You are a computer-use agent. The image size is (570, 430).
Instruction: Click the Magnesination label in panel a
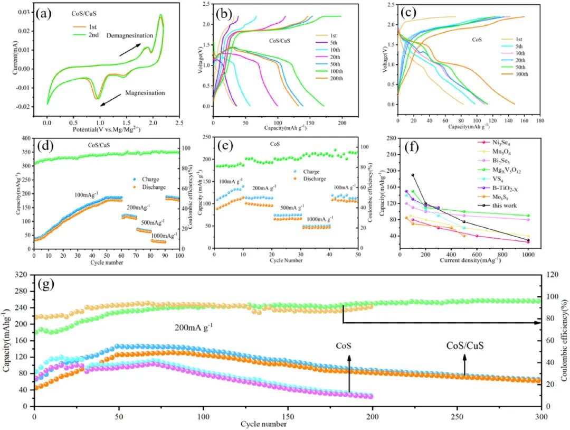145,93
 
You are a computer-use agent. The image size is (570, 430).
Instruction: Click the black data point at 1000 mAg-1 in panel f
527,240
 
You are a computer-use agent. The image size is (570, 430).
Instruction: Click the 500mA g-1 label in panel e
288,207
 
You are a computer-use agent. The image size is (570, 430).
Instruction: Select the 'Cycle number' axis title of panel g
264,424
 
